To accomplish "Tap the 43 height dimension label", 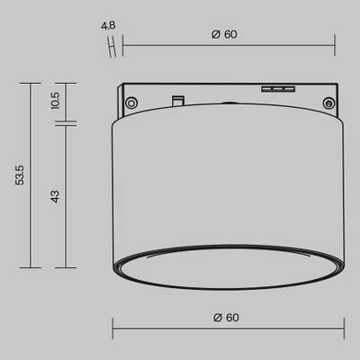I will (x=55, y=194).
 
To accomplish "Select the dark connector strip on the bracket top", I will (x=277, y=88).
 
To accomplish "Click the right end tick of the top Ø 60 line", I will (x=334, y=43).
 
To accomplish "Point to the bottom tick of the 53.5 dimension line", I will (x=31, y=267).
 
